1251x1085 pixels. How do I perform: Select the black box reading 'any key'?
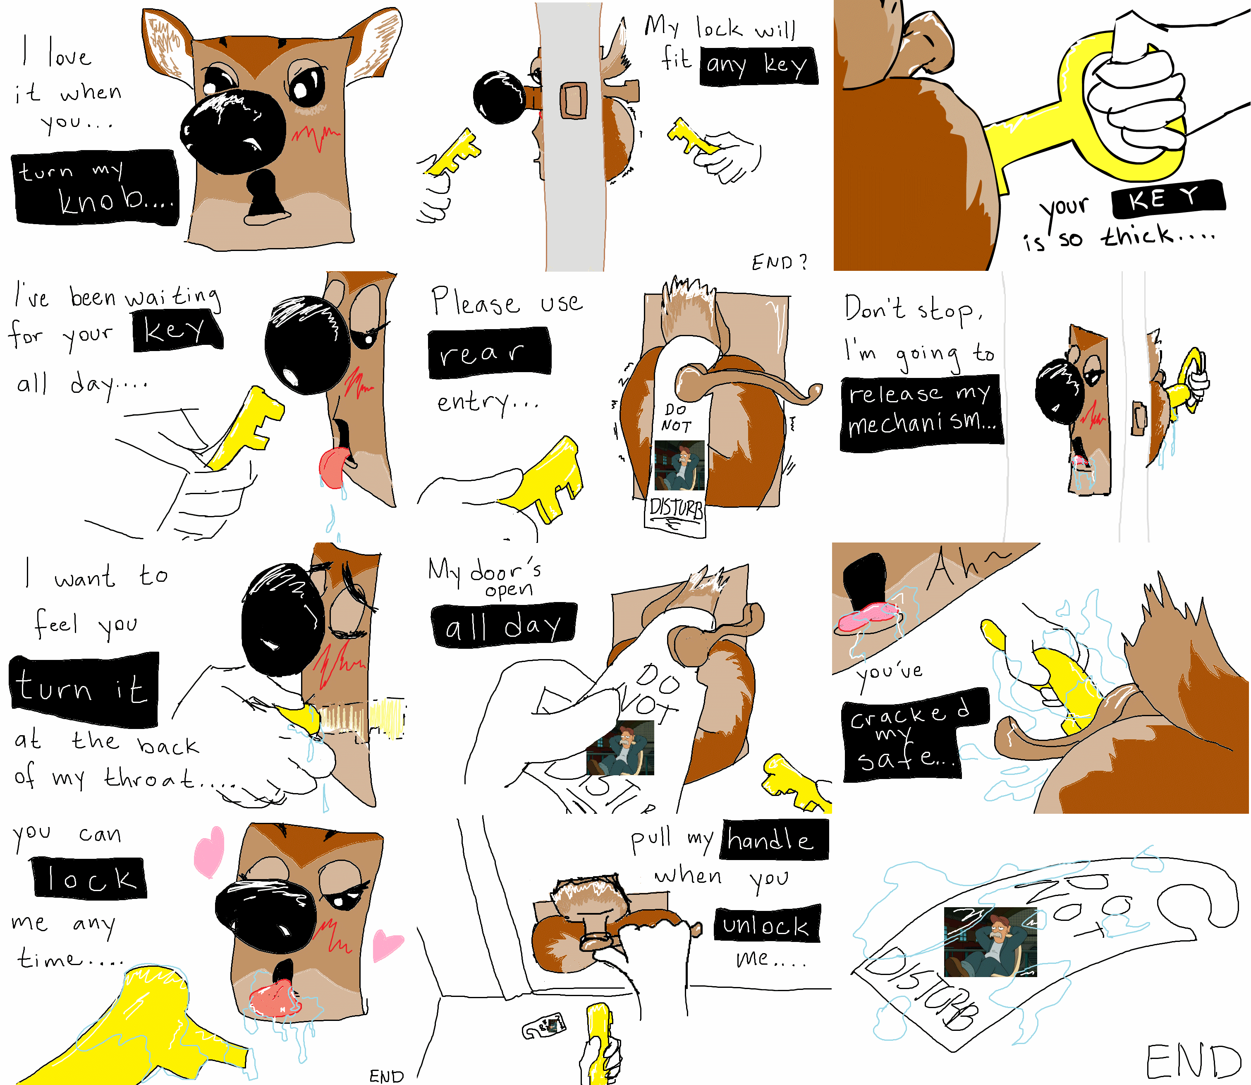tap(759, 65)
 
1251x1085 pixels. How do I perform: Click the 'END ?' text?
tap(779, 262)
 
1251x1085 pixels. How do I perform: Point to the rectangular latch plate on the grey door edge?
tap(573, 100)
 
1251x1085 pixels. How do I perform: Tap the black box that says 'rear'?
tap(489, 353)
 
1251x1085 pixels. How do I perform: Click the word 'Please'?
tap(475, 301)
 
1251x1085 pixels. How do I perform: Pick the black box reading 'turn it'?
tap(84, 690)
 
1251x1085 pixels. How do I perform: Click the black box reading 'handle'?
tap(774, 840)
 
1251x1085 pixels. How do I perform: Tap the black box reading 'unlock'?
tap(767, 925)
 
